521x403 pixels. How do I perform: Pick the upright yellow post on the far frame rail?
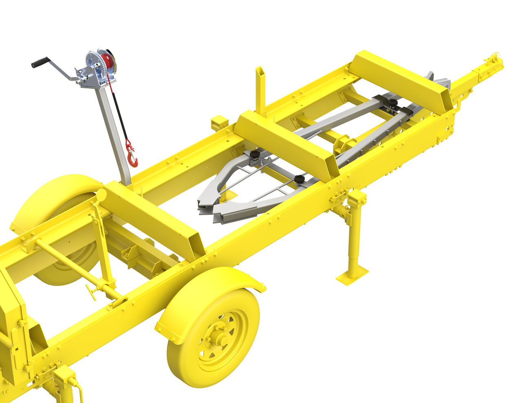tap(260, 90)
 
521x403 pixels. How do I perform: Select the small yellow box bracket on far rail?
tap(219, 122)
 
